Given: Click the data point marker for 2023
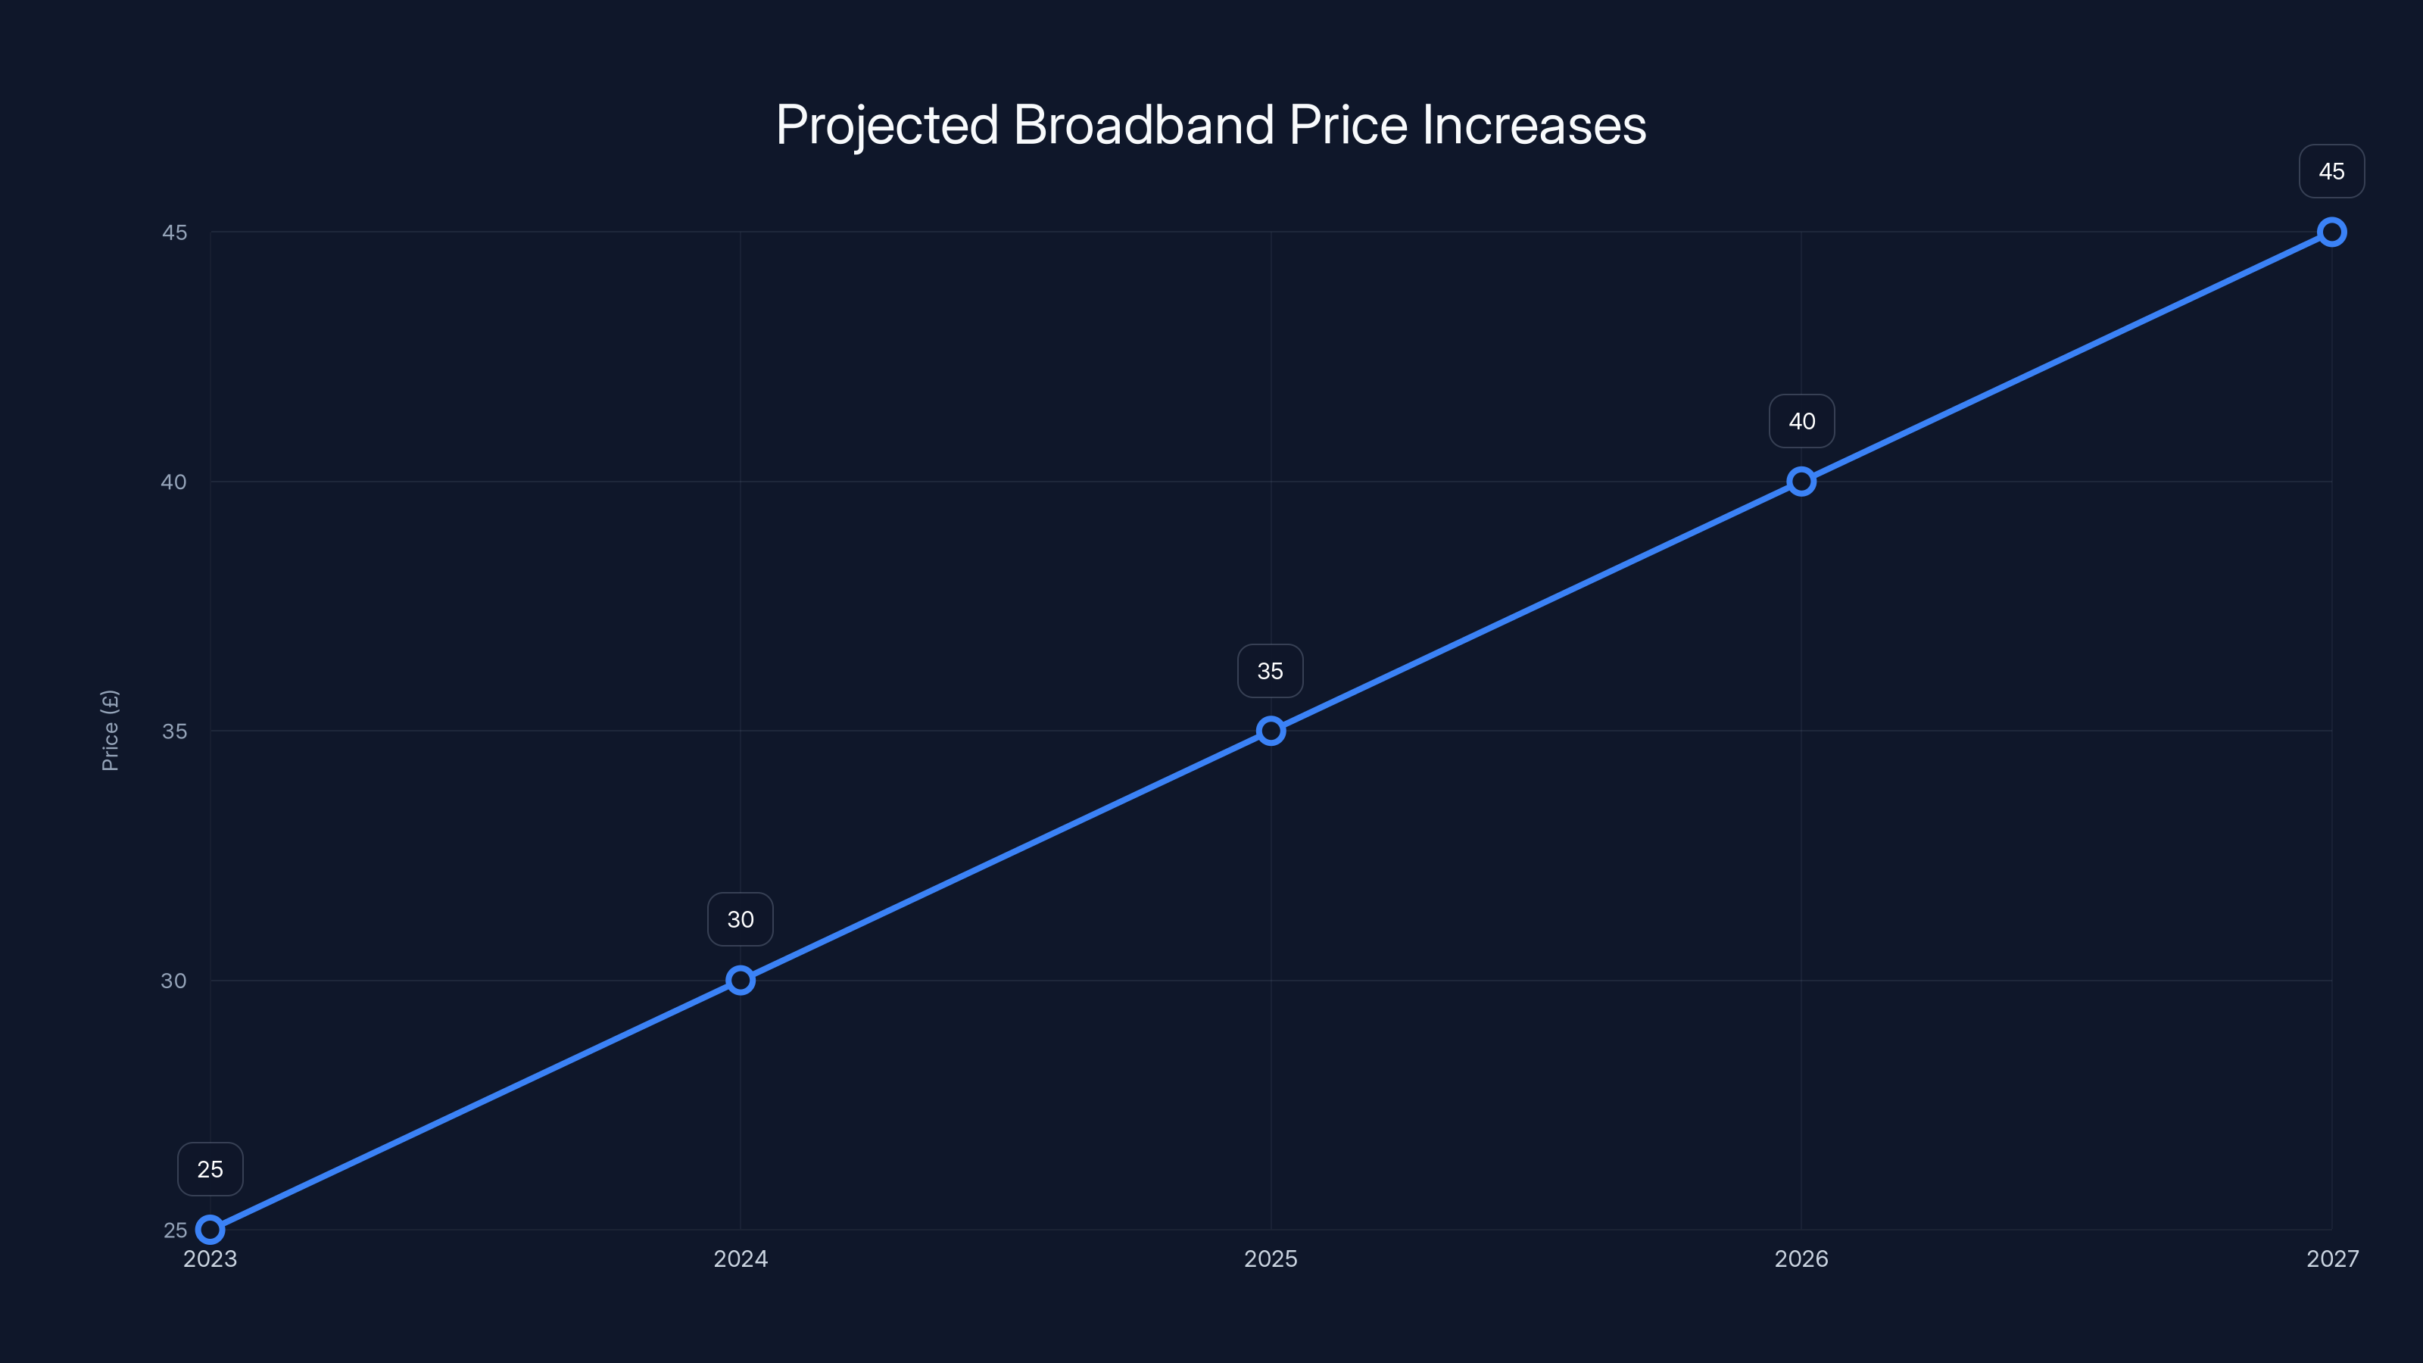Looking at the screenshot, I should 210,1230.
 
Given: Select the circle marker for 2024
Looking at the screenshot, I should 741,980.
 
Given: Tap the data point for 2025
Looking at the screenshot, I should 1271,731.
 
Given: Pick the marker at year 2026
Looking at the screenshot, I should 1801,482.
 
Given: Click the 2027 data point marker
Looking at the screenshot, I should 2332,232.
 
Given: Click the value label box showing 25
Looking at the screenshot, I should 210,1169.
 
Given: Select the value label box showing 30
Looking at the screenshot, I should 741,919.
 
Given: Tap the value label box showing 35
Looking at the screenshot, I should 1270,671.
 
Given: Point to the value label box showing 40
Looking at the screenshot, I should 1801,422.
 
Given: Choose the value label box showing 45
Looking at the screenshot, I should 2332,171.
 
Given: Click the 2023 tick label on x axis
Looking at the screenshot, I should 210,1259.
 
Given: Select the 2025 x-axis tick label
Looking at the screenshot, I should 1271,1259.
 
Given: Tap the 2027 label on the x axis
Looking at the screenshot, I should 2332,1259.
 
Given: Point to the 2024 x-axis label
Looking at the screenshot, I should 741,1259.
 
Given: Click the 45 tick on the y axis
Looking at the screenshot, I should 174,232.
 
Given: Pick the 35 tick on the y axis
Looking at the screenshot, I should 174,731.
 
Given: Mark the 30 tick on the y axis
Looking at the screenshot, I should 174,980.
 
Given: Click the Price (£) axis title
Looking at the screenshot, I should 110,730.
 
